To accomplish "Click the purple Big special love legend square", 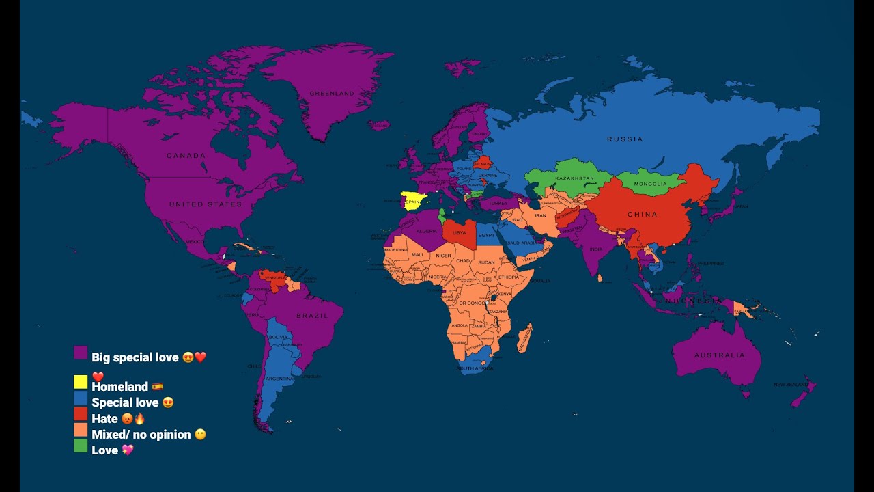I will (x=81, y=353).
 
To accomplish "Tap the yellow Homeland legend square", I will (x=81, y=382).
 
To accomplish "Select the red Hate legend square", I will (x=81, y=414).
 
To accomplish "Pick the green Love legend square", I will (x=81, y=446).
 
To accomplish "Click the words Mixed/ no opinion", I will (x=141, y=435).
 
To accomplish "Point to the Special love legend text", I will (x=126, y=402).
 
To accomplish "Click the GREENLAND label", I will (x=332, y=93).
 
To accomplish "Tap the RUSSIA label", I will (x=625, y=139).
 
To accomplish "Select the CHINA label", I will (x=642, y=215).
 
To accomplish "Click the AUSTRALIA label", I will (x=720, y=355).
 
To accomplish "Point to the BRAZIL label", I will (x=313, y=316).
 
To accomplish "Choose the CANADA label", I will (x=186, y=156).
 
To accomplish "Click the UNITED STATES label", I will (x=206, y=204).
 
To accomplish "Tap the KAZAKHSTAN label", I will (x=575, y=178).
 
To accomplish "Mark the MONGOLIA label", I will (x=650, y=184).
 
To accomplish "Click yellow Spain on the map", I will (x=413, y=202).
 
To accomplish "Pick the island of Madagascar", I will (x=524, y=339).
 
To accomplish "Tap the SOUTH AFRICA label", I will (x=475, y=369).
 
